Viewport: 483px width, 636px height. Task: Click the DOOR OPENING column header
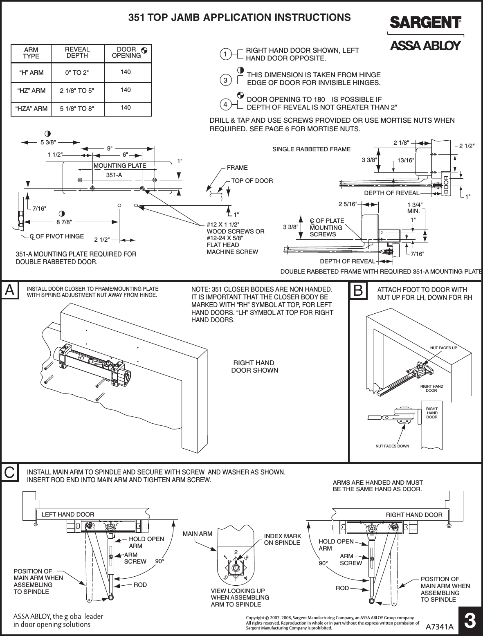coord(126,52)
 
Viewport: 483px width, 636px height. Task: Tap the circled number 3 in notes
coord(225,81)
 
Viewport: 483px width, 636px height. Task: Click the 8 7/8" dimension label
coord(65,222)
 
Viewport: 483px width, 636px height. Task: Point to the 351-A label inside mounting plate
coord(114,175)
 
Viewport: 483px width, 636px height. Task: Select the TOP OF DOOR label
coord(252,180)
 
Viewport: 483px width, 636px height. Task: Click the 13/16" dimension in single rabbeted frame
coord(407,160)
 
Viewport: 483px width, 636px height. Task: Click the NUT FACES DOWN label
coord(392,446)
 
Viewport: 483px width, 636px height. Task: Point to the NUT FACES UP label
coord(443,348)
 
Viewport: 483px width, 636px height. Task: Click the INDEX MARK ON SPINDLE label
coord(283,539)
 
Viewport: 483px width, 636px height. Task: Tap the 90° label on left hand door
coord(161,561)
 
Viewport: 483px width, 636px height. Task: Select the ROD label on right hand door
coord(342,588)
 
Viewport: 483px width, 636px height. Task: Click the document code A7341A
coord(440,626)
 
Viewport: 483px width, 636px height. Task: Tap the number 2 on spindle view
coord(236,552)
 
